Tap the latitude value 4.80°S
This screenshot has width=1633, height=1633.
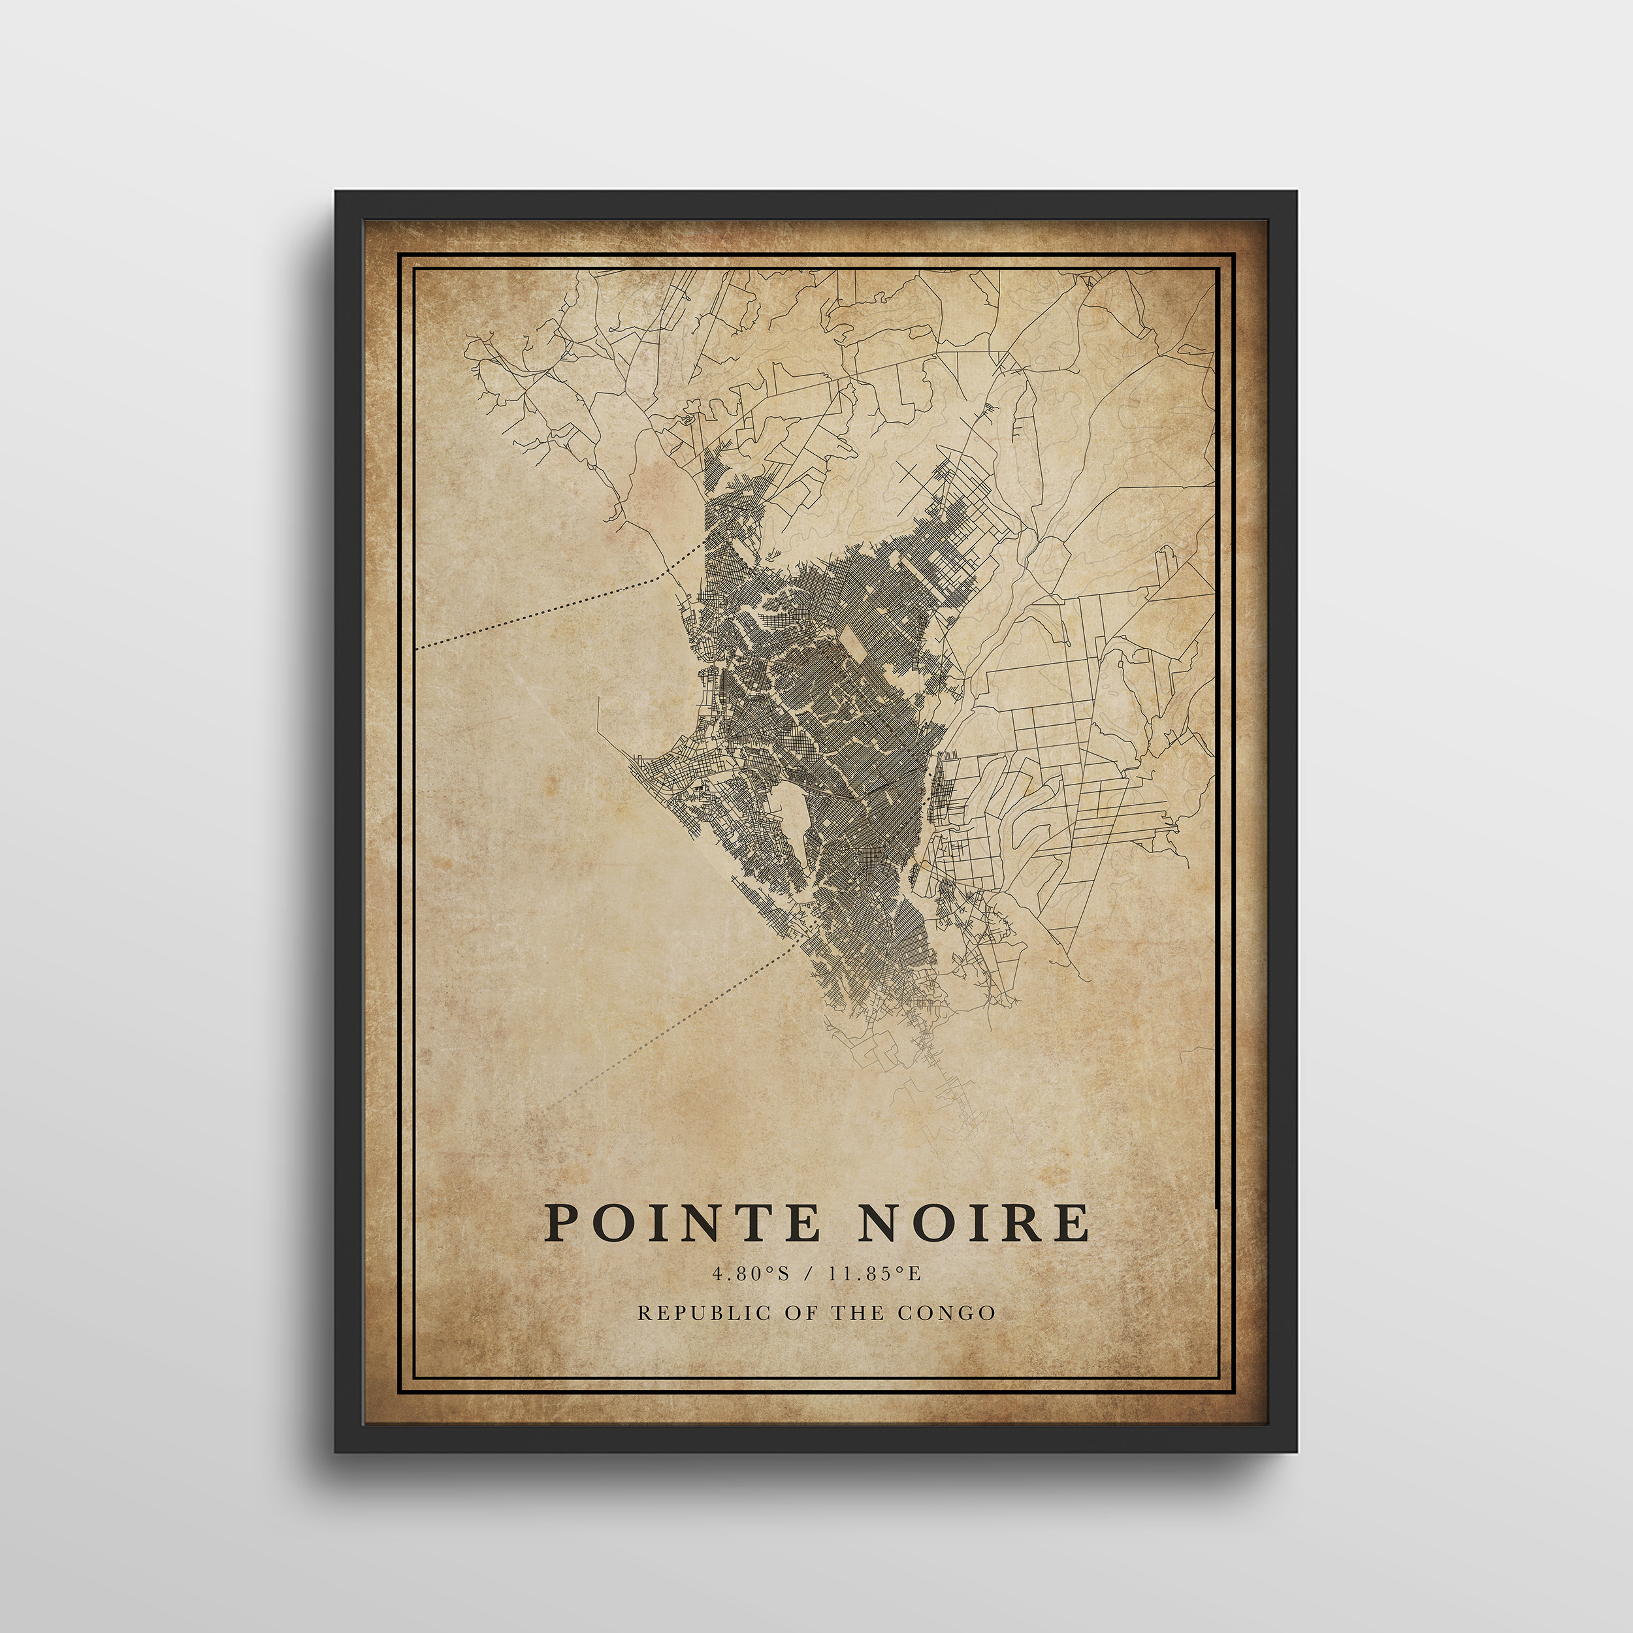tap(751, 1274)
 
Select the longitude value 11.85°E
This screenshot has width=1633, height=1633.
tap(874, 1274)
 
